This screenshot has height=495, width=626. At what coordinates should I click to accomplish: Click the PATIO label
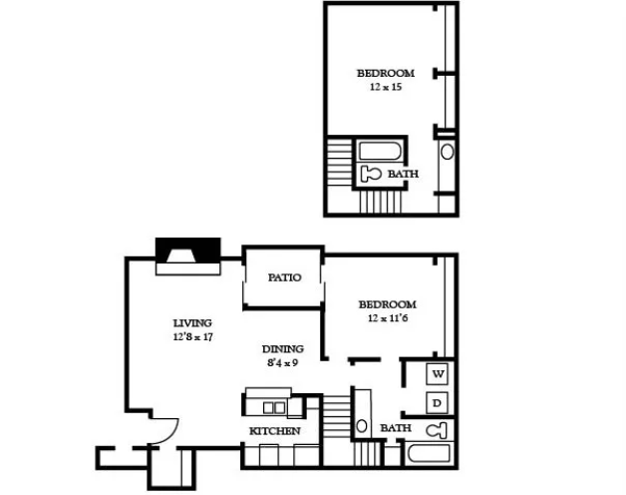[284, 277]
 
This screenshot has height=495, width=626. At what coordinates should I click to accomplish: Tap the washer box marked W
[438, 374]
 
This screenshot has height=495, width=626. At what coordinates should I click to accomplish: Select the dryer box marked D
[438, 403]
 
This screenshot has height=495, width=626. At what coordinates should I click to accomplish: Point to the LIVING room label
[192, 323]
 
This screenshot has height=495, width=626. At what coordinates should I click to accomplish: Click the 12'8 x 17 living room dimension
[192, 337]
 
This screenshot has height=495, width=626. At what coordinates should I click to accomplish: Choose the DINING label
[283, 349]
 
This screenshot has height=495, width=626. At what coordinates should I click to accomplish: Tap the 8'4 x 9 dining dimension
[283, 363]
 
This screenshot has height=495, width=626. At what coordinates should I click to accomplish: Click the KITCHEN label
[275, 431]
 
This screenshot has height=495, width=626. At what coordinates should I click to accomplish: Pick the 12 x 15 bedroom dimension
[386, 87]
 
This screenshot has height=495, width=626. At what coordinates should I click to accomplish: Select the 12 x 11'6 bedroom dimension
[387, 318]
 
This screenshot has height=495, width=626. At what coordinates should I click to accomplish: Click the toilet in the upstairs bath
[370, 174]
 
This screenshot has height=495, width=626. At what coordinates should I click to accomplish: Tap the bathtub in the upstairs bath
[379, 151]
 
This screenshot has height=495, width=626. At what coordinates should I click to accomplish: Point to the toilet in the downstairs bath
[436, 430]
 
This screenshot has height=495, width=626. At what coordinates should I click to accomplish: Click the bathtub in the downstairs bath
[430, 454]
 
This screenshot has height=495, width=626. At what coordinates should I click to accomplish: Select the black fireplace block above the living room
[188, 250]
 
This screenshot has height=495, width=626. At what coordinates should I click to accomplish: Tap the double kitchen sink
[274, 408]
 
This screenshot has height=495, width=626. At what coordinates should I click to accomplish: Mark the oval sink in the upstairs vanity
[448, 152]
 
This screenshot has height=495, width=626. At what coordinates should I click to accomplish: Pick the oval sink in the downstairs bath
[362, 426]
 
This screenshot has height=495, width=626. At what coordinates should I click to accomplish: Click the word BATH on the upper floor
[404, 174]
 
